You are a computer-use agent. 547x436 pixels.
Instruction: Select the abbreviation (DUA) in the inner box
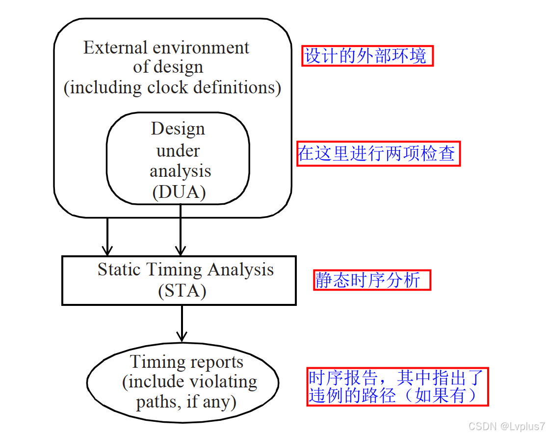(179, 192)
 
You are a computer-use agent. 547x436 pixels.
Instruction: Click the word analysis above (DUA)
(180, 171)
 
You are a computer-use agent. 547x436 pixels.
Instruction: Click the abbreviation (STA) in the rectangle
(182, 291)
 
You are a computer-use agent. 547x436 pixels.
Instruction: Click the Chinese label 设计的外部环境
(367, 56)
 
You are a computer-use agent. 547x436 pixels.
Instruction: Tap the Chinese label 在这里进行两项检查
(378, 154)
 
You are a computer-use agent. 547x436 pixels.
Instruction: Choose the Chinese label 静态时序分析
(372, 280)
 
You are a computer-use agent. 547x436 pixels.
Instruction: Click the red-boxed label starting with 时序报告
(397, 386)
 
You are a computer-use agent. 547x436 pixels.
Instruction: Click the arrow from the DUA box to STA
(181, 231)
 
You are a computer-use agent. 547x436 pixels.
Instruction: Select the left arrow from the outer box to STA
(106, 236)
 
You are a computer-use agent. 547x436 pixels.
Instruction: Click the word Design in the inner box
(178, 129)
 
